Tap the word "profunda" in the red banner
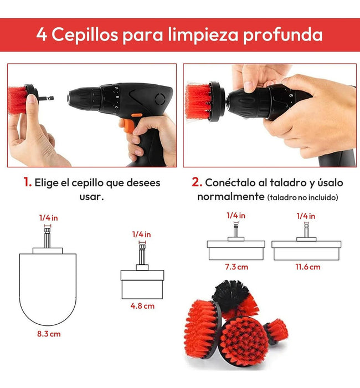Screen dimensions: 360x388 (x=283, y=35)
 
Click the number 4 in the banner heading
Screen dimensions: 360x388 (x=42, y=34)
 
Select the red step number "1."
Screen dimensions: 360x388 (x=28, y=182)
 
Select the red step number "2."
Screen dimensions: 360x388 (x=197, y=182)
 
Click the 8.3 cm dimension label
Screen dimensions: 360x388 (x=49, y=334)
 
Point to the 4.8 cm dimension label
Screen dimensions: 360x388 (x=142, y=306)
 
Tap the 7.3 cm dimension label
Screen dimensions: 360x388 (x=236, y=267)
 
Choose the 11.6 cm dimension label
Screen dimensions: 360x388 (x=308, y=267)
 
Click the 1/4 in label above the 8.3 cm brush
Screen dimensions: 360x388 (x=49, y=218)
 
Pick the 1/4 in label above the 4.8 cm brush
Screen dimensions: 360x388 (x=141, y=234)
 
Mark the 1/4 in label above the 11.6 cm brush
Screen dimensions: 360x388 (x=306, y=216)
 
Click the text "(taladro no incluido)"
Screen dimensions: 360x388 (x=302, y=197)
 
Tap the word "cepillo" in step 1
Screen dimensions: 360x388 (x=88, y=183)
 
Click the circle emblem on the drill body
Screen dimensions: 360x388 (x=160, y=99)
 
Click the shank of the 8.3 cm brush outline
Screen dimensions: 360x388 (x=47, y=238)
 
